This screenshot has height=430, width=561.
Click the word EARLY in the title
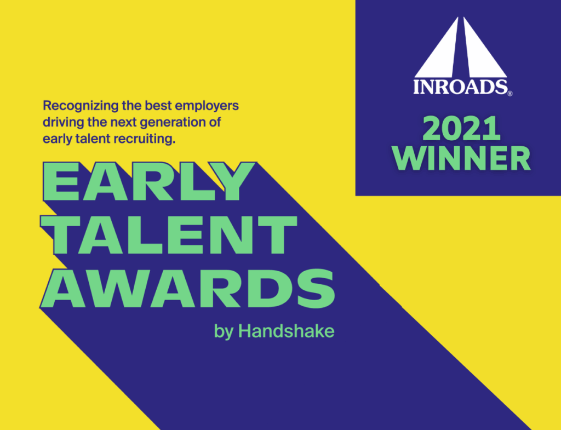tap(149, 181)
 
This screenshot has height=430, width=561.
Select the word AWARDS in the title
tap(188, 288)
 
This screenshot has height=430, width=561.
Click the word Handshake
tap(286, 331)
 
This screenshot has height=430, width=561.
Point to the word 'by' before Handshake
tap(224, 332)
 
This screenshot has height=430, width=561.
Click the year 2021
tap(461, 128)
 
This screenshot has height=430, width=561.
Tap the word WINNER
tap(461, 158)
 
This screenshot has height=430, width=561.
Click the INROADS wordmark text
tap(460, 87)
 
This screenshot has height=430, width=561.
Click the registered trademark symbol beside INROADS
tap(510, 93)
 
